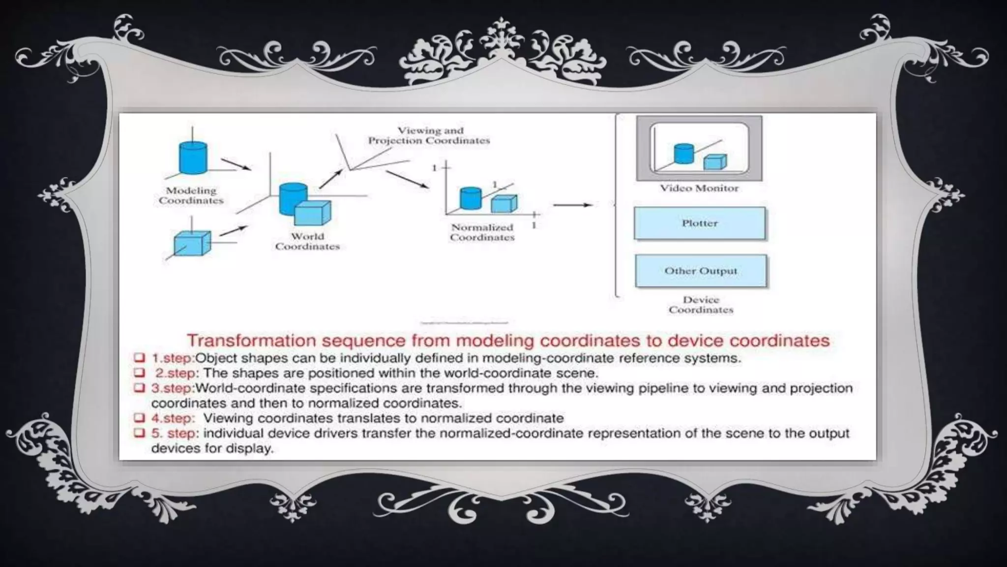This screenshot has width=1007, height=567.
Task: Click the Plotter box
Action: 699,223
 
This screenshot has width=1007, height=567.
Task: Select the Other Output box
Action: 701,271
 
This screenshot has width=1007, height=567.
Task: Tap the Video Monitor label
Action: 699,188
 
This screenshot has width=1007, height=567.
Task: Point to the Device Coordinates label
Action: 701,305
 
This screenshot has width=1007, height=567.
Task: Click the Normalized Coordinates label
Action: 482,232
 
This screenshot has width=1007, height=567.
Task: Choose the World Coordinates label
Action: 307,241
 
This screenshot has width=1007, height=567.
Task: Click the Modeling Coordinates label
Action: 191,195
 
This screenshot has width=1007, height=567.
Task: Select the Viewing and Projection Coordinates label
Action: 429,135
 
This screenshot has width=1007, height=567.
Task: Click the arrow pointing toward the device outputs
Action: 572,205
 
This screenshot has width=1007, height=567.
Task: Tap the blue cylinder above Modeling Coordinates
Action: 193,157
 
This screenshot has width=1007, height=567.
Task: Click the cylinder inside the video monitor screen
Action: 683,154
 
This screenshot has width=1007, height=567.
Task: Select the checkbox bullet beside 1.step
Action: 140,357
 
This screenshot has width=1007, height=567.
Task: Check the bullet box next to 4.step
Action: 140,418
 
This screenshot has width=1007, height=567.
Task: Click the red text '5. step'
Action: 175,434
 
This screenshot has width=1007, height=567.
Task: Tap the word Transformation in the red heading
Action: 251,341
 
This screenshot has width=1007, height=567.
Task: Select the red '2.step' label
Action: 176,373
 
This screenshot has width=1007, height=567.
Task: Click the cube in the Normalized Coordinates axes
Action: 504,203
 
